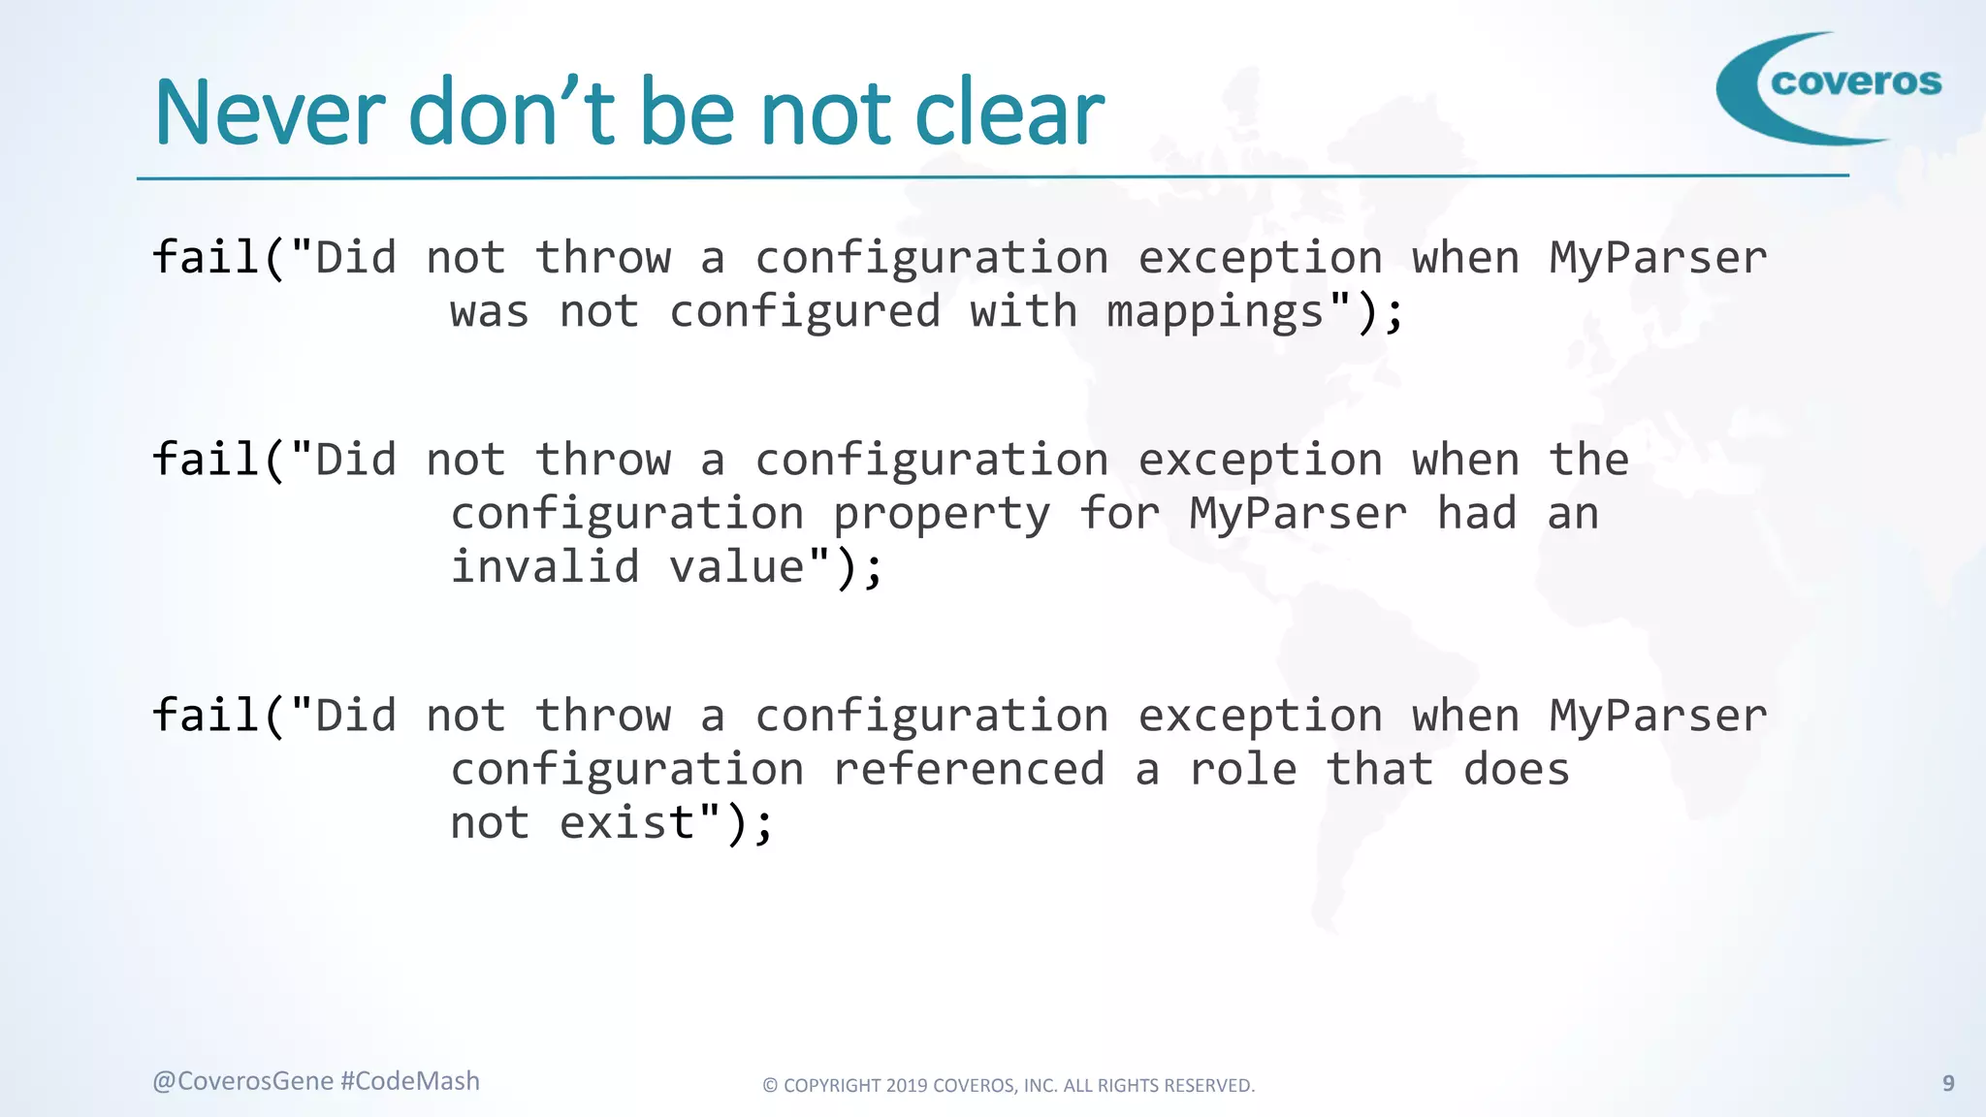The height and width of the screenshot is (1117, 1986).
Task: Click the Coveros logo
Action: [x=1829, y=87]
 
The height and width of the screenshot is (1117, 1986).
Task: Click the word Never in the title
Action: [x=271, y=113]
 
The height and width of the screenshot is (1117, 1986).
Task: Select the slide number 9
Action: [x=1948, y=1083]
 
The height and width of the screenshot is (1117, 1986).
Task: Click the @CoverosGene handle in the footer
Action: [x=242, y=1081]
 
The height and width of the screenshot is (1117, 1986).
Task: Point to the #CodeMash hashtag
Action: [x=410, y=1081]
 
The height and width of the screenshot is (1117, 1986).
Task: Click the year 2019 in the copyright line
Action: [x=907, y=1086]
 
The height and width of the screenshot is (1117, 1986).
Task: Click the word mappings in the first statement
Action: [x=1215, y=313]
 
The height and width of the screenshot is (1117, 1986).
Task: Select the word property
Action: [x=941, y=515]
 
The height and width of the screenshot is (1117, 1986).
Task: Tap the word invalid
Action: [x=545, y=567]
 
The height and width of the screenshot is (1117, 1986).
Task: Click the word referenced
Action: [x=969, y=770]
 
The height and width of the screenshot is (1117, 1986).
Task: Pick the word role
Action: [x=1242, y=770]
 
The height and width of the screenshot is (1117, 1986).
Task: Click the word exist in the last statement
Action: [x=627, y=823]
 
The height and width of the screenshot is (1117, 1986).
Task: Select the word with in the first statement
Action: [x=1023, y=312]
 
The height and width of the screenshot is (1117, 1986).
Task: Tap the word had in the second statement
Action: [x=1476, y=514]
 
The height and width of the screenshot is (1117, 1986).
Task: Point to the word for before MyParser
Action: [x=1119, y=514]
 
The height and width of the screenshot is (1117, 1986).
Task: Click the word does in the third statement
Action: [x=1516, y=770]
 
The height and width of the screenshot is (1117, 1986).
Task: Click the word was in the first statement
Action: [x=490, y=313]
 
